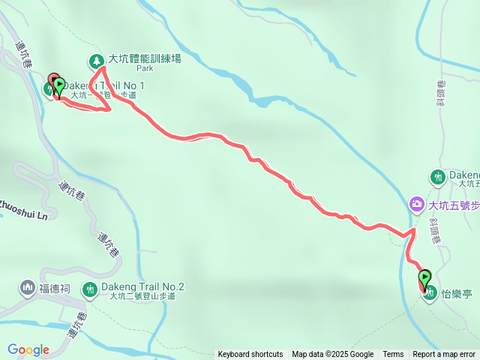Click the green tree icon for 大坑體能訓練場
[x=95, y=61]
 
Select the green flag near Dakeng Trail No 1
[x=58, y=85]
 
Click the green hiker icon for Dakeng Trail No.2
[x=91, y=289]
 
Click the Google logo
[x=28, y=349]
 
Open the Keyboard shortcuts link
[x=250, y=355]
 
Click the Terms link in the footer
[x=393, y=355]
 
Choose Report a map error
[x=444, y=355]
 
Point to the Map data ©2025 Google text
[x=333, y=355]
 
